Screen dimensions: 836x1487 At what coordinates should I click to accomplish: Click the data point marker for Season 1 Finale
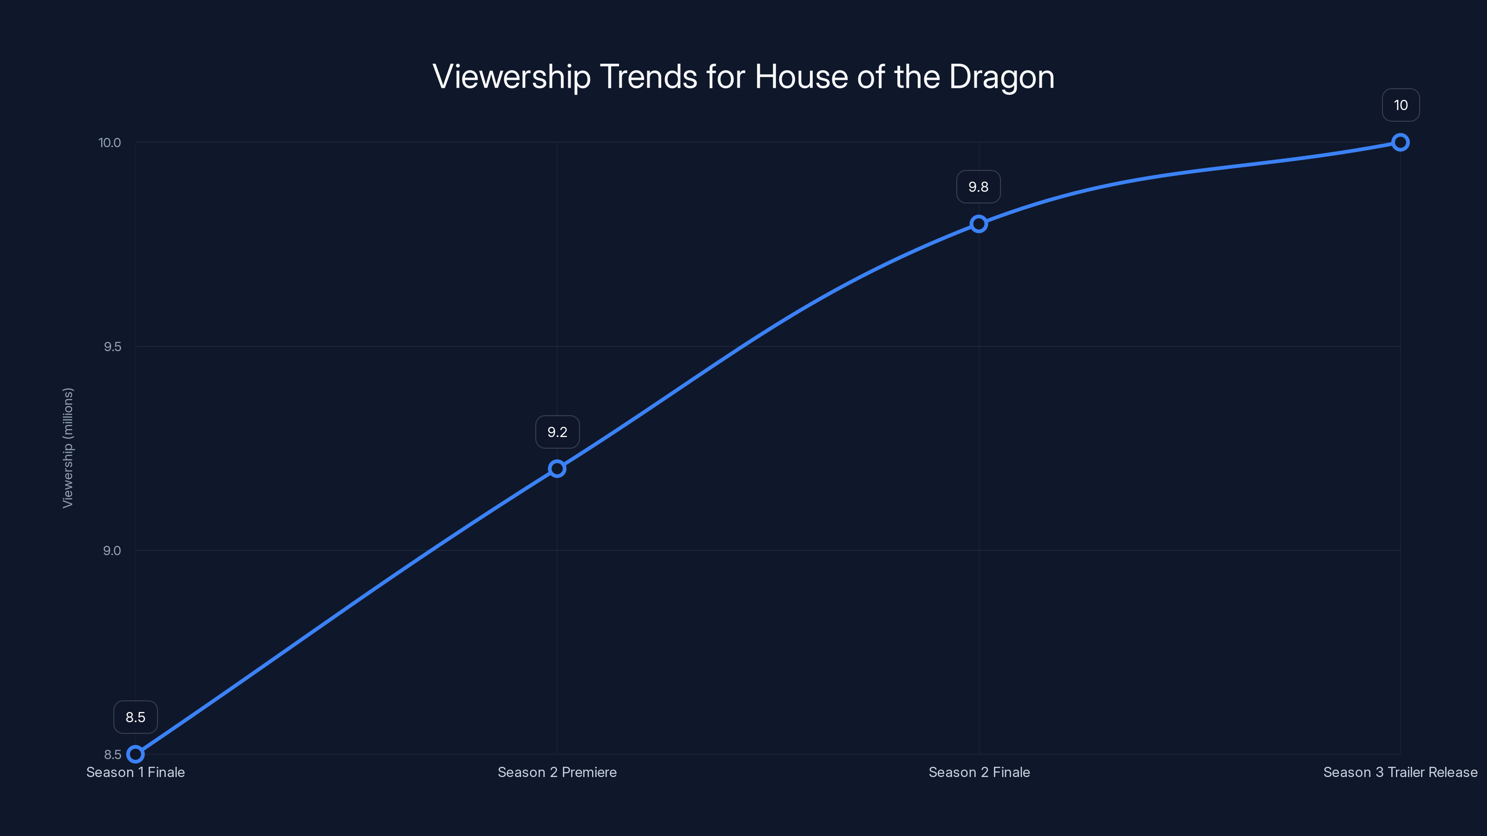pos(135,754)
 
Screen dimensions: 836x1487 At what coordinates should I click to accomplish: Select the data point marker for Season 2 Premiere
pos(557,469)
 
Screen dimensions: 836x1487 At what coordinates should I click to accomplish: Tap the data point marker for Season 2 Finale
pos(979,224)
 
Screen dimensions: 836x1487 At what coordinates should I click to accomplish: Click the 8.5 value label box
pos(135,717)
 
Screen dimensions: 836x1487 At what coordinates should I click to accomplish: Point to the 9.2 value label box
pos(557,432)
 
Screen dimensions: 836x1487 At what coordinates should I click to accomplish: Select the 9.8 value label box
pos(979,187)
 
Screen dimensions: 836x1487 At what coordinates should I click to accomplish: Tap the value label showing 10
pos(1401,105)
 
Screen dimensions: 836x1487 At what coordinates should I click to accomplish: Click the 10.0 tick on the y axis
pos(110,143)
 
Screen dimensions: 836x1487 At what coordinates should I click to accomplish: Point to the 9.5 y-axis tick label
pos(112,347)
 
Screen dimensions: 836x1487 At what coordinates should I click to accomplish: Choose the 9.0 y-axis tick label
pos(112,550)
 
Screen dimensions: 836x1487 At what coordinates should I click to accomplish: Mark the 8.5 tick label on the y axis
pos(112,755)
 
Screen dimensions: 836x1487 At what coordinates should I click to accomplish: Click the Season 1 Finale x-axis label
pos(135,772)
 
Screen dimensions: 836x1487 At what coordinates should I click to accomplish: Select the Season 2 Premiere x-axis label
pos(557,772)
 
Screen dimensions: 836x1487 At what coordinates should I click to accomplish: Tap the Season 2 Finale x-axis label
pos(979,772)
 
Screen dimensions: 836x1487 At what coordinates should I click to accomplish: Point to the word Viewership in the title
pos(512,77)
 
